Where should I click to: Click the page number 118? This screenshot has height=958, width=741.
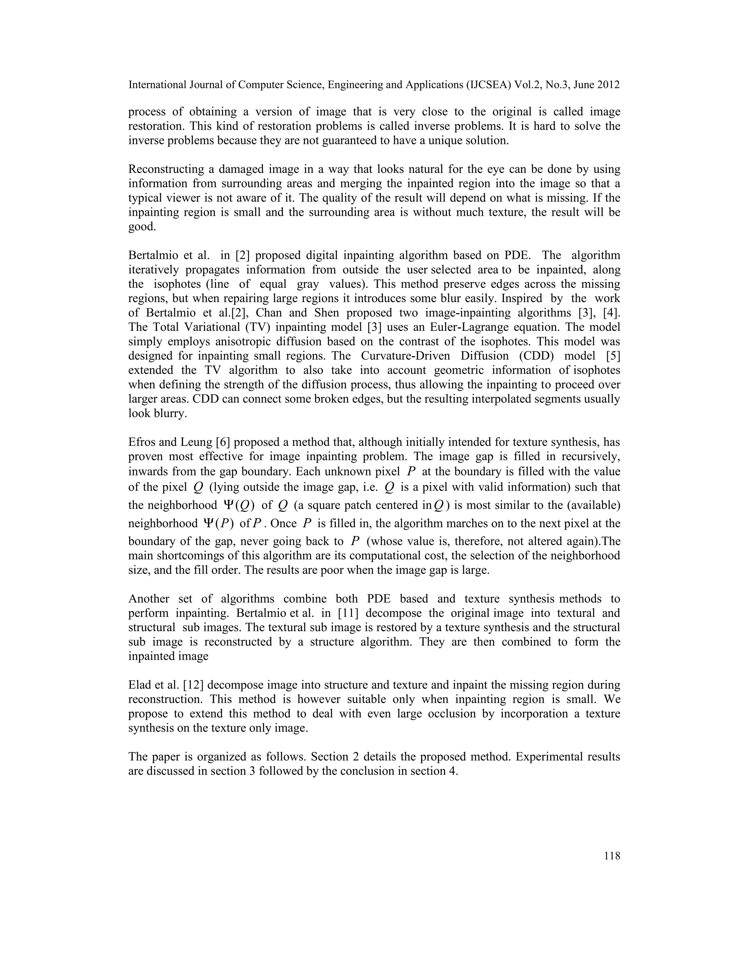tap(612, 856)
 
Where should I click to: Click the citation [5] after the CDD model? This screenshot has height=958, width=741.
tap(613, 356)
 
